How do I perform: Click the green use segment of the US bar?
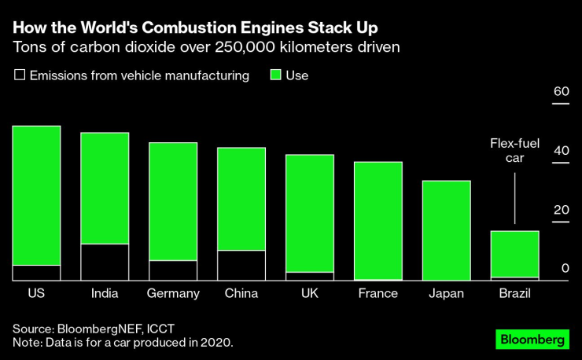click(x=36, y=195)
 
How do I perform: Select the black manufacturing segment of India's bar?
click(x=105, y=262)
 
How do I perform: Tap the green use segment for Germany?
click(x=173, y=201)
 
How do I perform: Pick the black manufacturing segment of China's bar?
click(x=241, y=265)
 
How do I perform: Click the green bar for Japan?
click(x=446, y=230)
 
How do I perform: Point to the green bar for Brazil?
click(x=514, y=254)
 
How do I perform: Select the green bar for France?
click(x=378, y=220)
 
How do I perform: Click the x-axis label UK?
click(x=309, y=293)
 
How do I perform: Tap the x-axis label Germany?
click(x=173, y=293)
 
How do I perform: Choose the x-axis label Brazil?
click(x=514, y=293)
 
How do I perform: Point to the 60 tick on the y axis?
click(x=560, y=92)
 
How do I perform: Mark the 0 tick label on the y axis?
click(x=564, y=269)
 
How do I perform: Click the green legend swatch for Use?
click(x=275, y=76)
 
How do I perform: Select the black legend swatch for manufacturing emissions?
click(x=20, y=76)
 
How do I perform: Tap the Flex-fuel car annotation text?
click(x=514, y=150)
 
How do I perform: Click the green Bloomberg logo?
click(x=532, y=340)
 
